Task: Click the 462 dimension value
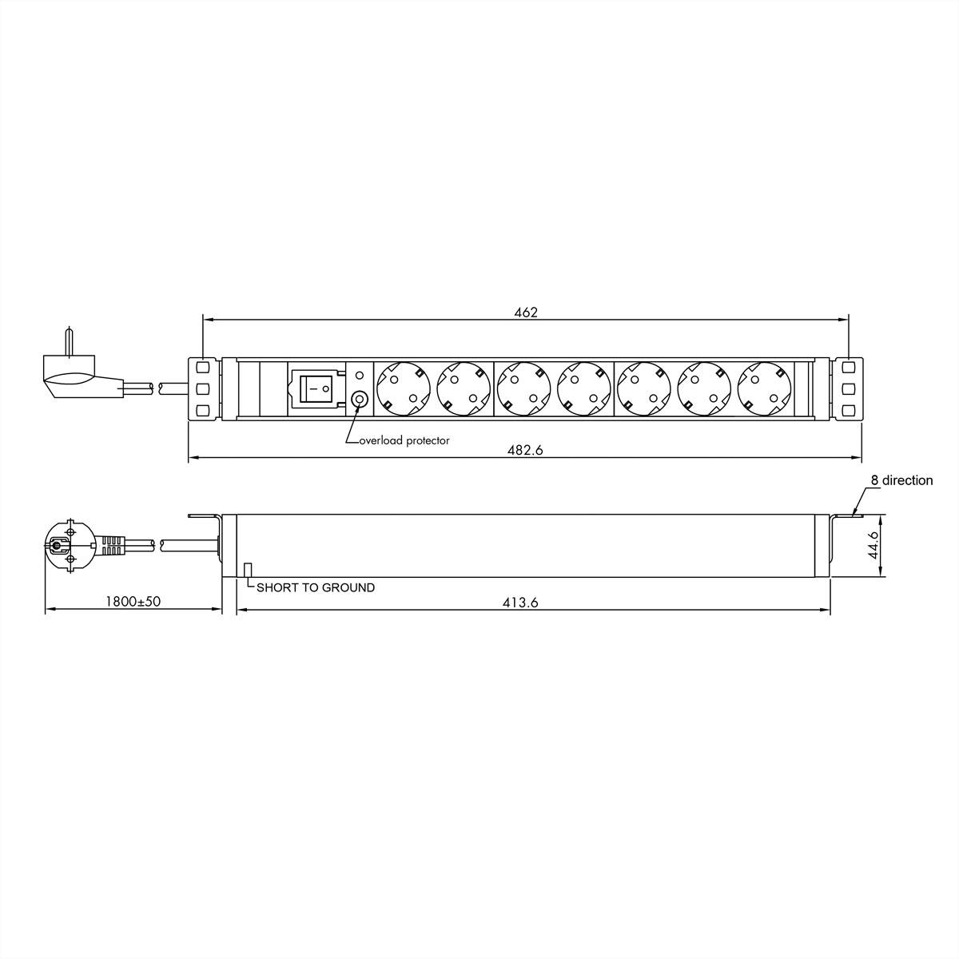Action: [525, 312]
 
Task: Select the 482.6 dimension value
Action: [525, 451]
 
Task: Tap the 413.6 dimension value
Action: [520, 603]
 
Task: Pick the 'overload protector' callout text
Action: [404, 440]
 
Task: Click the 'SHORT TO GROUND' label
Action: [315, 587]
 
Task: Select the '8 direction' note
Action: [901, 480]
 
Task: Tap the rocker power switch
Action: [316, 389]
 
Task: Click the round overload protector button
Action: [360, 399]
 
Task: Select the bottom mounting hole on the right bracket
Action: [848, 411]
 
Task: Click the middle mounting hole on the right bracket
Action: [848, 389]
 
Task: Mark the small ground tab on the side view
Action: [248, 568]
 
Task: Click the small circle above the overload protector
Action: [359, 374]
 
